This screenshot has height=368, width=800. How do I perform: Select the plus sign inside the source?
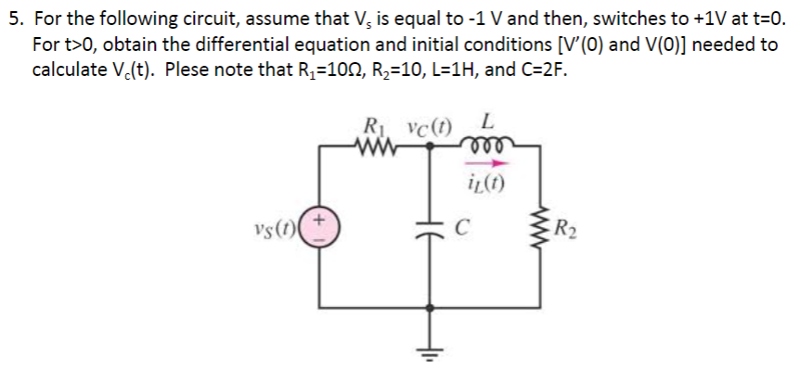click(321, 220)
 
